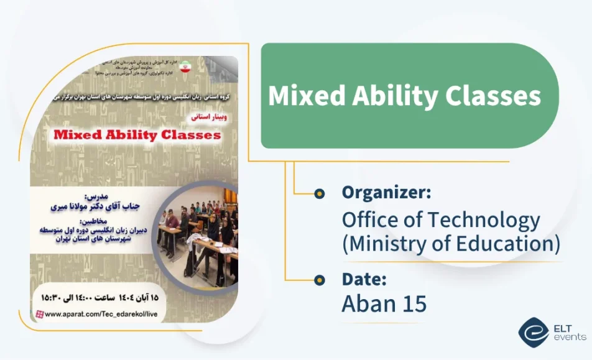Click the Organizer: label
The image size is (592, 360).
386,193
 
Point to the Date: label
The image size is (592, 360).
364,279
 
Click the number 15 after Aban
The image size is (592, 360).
413,303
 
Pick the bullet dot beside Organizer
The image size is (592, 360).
320,193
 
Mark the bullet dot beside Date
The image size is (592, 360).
320,280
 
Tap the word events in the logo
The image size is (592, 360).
569,337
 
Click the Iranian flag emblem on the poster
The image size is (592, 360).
185,67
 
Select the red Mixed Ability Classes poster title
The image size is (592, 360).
137,134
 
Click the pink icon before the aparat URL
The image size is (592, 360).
40,314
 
